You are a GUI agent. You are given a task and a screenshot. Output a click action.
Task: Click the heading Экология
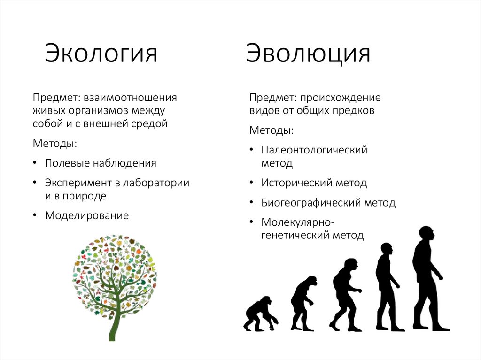point(101,53)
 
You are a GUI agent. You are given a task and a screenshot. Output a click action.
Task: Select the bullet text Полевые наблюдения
point(101,163)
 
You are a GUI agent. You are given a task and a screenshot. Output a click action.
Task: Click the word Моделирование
point(86,216)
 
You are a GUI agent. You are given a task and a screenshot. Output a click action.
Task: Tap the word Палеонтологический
point(314,150)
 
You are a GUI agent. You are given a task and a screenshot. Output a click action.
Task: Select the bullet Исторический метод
point(314,183)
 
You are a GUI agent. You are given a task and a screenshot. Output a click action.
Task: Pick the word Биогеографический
point(310,203)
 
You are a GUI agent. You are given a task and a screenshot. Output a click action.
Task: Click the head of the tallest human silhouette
point(426,233)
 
